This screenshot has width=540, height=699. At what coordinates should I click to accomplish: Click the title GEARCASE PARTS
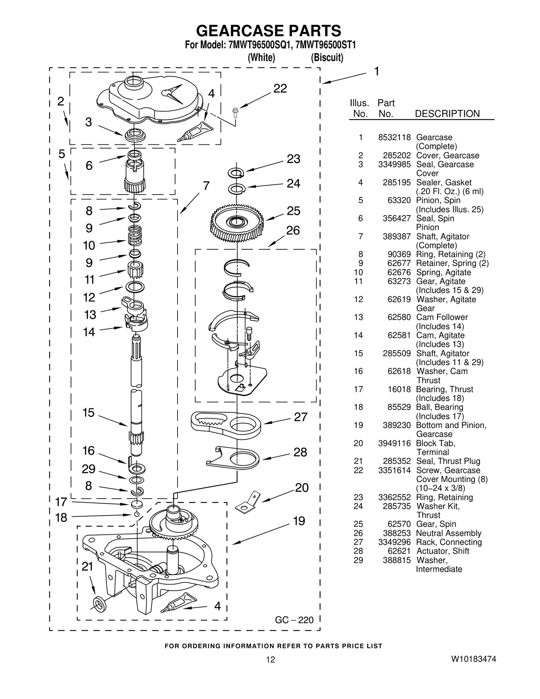269,31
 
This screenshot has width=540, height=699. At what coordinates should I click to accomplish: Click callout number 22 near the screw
280,88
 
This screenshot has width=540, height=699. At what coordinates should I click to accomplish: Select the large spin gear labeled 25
237,223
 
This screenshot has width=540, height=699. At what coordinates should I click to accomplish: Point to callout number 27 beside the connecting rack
301,417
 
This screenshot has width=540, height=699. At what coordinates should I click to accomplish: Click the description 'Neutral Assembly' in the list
449,533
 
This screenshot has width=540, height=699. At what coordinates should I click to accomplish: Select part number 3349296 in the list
394,542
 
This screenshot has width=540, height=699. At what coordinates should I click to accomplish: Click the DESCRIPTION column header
447,114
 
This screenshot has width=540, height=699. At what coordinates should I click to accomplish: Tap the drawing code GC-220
294,620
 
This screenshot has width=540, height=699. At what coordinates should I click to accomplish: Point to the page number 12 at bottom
270,660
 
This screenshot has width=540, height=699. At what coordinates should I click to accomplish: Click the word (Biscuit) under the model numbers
327,58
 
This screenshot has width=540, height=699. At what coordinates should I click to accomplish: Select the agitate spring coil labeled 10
135,236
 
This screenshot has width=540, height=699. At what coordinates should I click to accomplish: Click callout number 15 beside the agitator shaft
88,413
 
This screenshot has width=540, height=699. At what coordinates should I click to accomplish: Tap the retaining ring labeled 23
237,173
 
